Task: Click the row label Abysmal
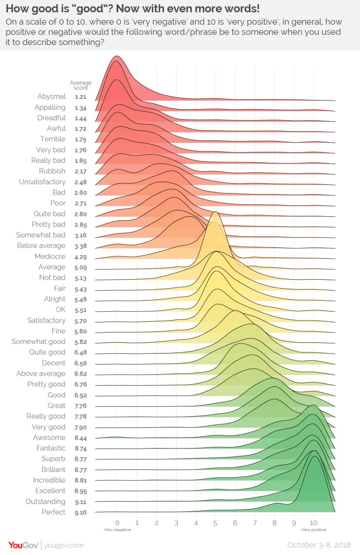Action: tap(52, 96)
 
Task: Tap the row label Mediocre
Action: tap(50, 257)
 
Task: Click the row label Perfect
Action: tap(53, 512)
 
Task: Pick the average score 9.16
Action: tap(81, 512)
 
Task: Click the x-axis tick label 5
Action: tap(215, 522)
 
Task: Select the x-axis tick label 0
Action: tap(117, 522)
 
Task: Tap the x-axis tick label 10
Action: tap(314, 522)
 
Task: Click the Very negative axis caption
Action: tap(117, 530)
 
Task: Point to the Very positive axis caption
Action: tap(314, 530)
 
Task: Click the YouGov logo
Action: tap(23, 545)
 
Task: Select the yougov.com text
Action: tap(64, 545)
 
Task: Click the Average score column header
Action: tap(81, 85)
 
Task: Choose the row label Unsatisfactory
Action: tap(42, 182)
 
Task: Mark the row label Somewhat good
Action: tap(39, 342)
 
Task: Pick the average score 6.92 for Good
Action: tap(81, 395)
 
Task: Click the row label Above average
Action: tap(41, 373)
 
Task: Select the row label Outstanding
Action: tap(46, 502)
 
